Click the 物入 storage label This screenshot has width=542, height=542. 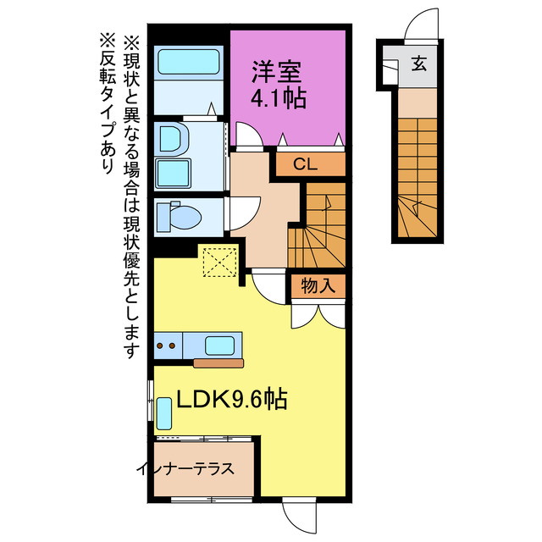coord(318,286)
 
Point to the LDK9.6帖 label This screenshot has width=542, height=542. coord(230,398)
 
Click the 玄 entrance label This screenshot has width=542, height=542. coord(419,62)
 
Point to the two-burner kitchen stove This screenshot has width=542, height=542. coord(167,346)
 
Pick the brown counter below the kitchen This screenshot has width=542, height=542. coord(218,363)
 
